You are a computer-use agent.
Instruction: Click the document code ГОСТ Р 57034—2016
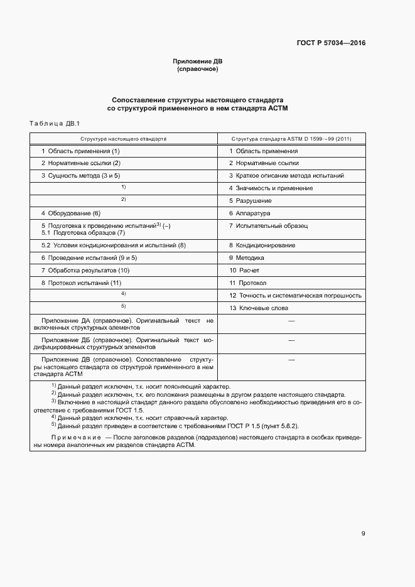point(331,43)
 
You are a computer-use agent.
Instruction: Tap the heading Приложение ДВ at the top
point(198,62)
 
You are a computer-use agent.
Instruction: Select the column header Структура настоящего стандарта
point(123,139)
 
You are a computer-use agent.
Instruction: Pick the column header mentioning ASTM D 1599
point(291,139)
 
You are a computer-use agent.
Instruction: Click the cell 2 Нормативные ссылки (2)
point(80,163)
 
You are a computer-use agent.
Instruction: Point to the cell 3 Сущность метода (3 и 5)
point(80,176)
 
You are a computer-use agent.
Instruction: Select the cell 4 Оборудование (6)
point(70,213)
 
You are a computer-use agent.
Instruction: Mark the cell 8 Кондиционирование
point(262,245)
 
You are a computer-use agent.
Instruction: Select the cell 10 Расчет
point(244,270)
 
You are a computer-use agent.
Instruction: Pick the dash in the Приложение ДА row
point(291,321)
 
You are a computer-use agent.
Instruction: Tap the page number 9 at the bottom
point(363,534)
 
